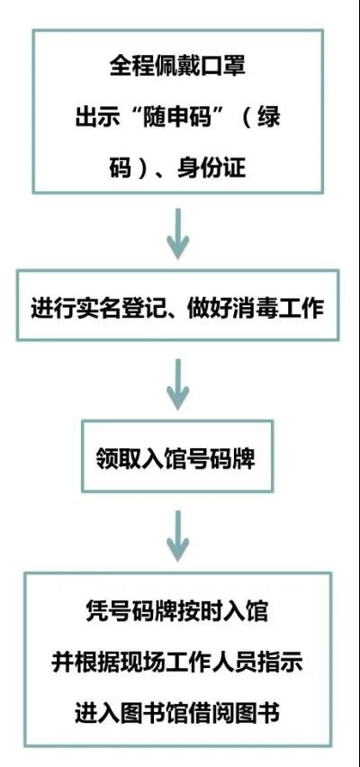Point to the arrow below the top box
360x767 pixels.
[x=177, y=234]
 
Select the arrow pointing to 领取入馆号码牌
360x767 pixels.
[x=177, y=384]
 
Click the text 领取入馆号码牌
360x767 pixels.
[x=176, y=460]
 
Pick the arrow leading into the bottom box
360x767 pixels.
[x=177, y=536]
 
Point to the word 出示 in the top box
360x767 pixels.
[x=97, y=118]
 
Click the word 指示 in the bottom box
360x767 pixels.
[x=280, y=663]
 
